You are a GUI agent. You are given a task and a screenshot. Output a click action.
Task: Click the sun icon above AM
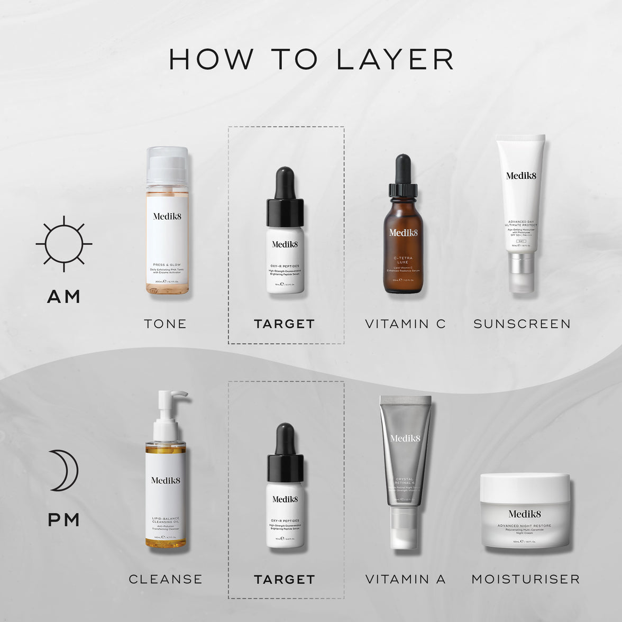(x=64, y=244)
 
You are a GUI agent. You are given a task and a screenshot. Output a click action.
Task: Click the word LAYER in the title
(x=395, y=59)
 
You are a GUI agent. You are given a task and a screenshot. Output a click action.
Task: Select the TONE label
(x=165, y=324)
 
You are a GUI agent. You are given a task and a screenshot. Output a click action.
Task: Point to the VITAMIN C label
(x=405, y=324)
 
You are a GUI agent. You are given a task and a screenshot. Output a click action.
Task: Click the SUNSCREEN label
(x=522, y=324)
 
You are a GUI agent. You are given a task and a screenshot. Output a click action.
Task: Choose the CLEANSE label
(x=166, y=579)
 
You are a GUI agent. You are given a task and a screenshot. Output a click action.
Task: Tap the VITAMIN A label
(x=405, y=579)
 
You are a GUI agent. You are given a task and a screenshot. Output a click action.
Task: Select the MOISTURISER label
(x=525, y=579)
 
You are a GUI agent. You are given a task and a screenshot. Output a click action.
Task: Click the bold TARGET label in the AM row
(x=285, y=324)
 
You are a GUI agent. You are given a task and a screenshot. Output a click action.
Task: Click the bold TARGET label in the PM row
(x=285, y=580)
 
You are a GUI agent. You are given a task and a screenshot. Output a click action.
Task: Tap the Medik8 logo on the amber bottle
(x=404, y=233)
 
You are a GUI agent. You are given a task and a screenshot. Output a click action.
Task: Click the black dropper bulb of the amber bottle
(x=403, y=168)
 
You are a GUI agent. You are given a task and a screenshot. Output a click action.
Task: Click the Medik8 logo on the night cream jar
(x=525, y=514)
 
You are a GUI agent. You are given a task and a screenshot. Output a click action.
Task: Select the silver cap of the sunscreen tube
(x=520, y=272)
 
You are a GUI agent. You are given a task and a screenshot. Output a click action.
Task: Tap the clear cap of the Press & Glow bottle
(x=167, y=164)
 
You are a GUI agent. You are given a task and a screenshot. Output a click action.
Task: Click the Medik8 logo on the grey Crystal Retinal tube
(x=405, y=438)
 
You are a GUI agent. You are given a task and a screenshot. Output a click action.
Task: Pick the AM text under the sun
(x=63, y=297)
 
